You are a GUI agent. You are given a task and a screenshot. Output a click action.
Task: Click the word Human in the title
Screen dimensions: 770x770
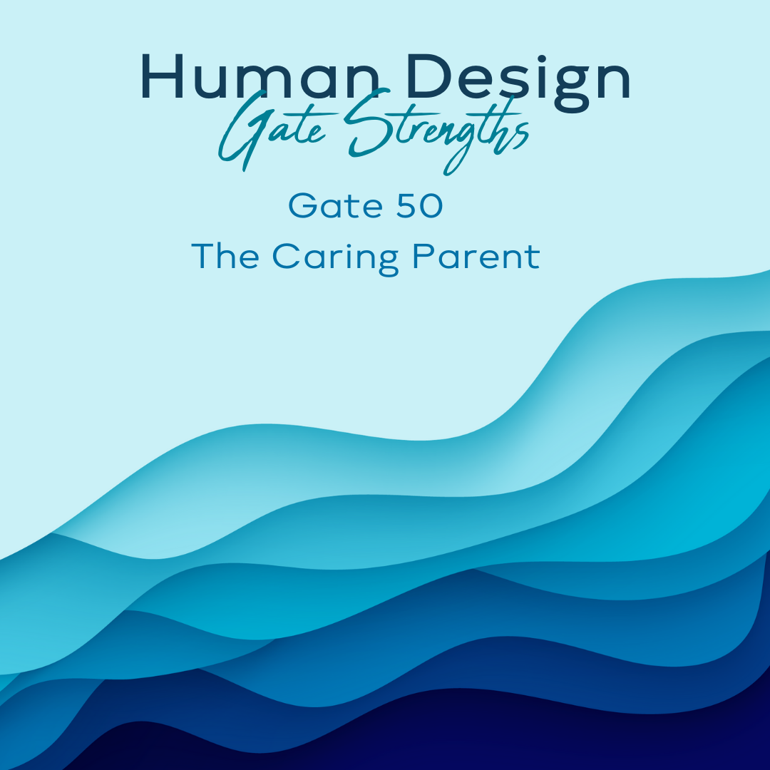(x=260, y=76)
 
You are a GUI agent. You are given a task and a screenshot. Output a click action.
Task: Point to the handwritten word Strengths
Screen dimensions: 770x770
(x=436, y=130)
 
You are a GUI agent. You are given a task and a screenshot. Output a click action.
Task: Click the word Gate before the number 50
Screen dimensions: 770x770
(x=335, y=206)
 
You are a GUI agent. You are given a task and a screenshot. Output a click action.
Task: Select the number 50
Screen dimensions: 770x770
(x=419, y=206)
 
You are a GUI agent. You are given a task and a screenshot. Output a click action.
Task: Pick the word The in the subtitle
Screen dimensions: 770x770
(x=225, y=256)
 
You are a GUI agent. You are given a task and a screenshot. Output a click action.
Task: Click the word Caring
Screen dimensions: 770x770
(x=335, y=258)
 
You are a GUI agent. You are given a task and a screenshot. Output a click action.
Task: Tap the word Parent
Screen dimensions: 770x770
(x=476, y=256)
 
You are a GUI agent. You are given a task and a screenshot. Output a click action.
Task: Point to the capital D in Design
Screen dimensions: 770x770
(x=428, y=76)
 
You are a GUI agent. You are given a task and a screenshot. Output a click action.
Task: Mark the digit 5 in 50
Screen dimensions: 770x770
(x=406, y=206)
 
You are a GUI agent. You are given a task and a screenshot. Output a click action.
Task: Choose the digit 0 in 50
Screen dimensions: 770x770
(x=431, y=206)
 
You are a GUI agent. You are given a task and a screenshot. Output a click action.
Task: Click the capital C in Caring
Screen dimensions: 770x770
(x=285, y=256)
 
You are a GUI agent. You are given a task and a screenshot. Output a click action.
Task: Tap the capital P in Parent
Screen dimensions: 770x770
(x=423, y=256)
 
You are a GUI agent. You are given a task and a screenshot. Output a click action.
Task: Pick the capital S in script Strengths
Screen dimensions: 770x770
(x=369, y=123)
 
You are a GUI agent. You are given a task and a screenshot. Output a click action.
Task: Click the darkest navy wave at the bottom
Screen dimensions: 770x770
(x=442, y=736)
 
